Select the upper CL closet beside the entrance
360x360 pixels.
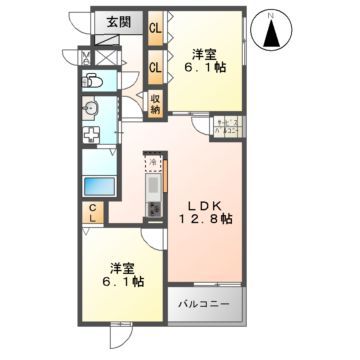click(155, 28)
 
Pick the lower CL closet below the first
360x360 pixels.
click(155, 68)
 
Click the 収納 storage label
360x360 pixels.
click(155, 103)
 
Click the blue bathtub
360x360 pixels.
click(98, 185)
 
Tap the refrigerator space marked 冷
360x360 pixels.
click(153, 161)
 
